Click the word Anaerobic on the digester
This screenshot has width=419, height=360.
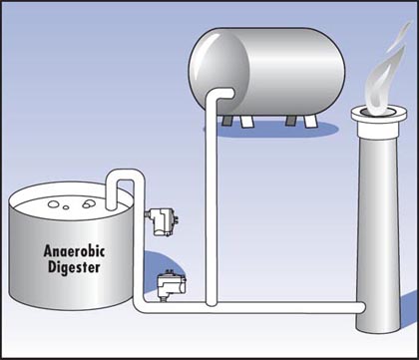[74, 251]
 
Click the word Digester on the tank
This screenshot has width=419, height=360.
[74, 267]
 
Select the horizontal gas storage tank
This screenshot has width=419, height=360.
[266, 72]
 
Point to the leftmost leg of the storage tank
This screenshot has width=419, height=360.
[227, 121]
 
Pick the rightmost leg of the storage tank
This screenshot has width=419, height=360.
[311, 122]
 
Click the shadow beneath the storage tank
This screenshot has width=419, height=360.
[271, 130]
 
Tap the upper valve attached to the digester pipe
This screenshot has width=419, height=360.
[162, 221]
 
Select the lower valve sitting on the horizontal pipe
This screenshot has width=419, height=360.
[172, 285]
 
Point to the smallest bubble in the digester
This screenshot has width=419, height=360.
[66, 207]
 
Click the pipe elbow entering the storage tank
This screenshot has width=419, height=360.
[217, 94]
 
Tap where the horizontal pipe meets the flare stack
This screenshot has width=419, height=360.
[362, 308]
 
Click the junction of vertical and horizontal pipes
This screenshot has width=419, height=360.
[211, 303]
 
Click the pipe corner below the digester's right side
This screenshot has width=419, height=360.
[140, 306]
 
